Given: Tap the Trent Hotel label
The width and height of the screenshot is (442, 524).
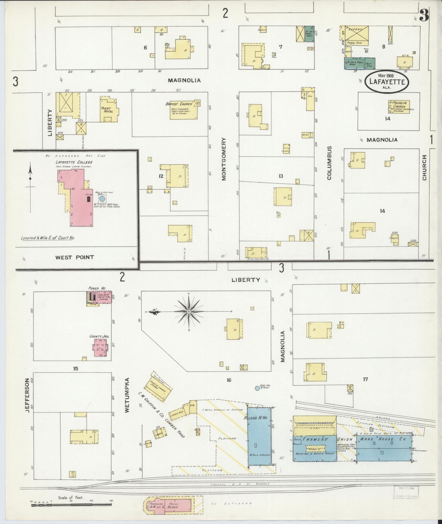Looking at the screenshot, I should pos(107,110).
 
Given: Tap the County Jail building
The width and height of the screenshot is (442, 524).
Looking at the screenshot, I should pos(100,347).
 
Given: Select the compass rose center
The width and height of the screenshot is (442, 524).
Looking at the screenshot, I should pos(189,312).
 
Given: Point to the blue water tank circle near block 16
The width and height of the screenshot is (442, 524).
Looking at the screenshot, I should pos(257,388).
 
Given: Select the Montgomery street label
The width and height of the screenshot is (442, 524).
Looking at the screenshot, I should pos(224,159).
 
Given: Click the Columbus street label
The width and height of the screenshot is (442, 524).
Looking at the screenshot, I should pos(329,163).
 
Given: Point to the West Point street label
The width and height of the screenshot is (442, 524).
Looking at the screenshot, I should pos(75,257).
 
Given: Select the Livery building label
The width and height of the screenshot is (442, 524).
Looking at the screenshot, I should pos(356,29).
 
